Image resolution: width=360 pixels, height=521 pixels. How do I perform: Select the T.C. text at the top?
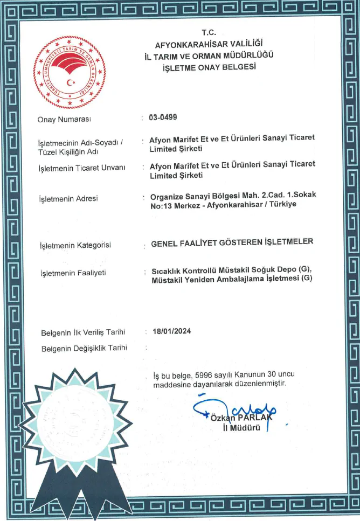208,32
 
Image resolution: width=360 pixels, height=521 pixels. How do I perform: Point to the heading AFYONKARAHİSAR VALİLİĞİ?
209,44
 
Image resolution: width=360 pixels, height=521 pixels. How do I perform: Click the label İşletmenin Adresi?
68,199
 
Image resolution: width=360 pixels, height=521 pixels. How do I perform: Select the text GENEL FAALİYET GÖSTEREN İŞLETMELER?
232,242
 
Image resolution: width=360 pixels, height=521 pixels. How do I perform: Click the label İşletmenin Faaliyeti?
73,273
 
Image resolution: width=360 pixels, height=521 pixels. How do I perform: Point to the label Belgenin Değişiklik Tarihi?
84,348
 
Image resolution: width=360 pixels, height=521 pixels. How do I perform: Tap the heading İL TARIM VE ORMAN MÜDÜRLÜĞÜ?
209,55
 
